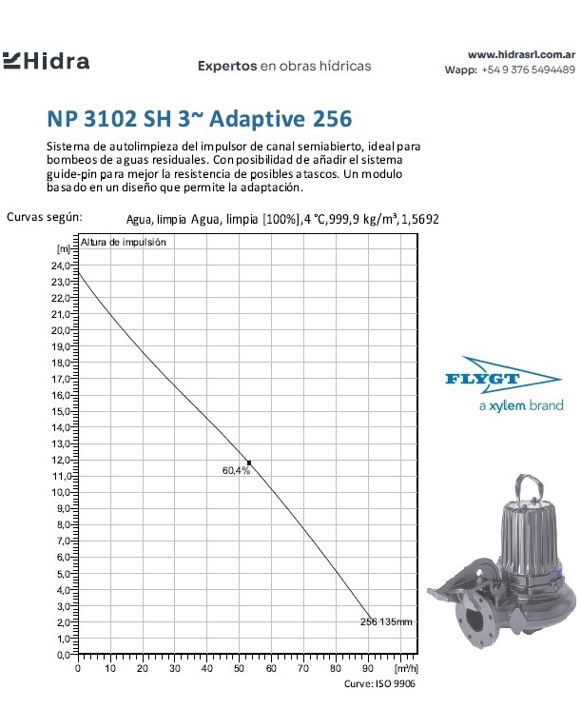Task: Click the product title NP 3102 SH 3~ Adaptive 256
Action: click(199, 120)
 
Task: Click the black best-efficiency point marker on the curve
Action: click(249, 463)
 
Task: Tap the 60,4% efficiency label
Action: click(236, 471)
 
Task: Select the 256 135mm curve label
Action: click(387, 621)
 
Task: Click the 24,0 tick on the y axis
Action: click(62, 266)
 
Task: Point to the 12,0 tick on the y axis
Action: click(62, 460)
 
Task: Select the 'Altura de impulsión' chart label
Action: click(124, 243)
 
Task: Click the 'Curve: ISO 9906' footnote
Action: click(378, 684)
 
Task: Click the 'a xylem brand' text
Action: click(519, 405)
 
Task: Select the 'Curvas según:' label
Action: click(45, 216)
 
